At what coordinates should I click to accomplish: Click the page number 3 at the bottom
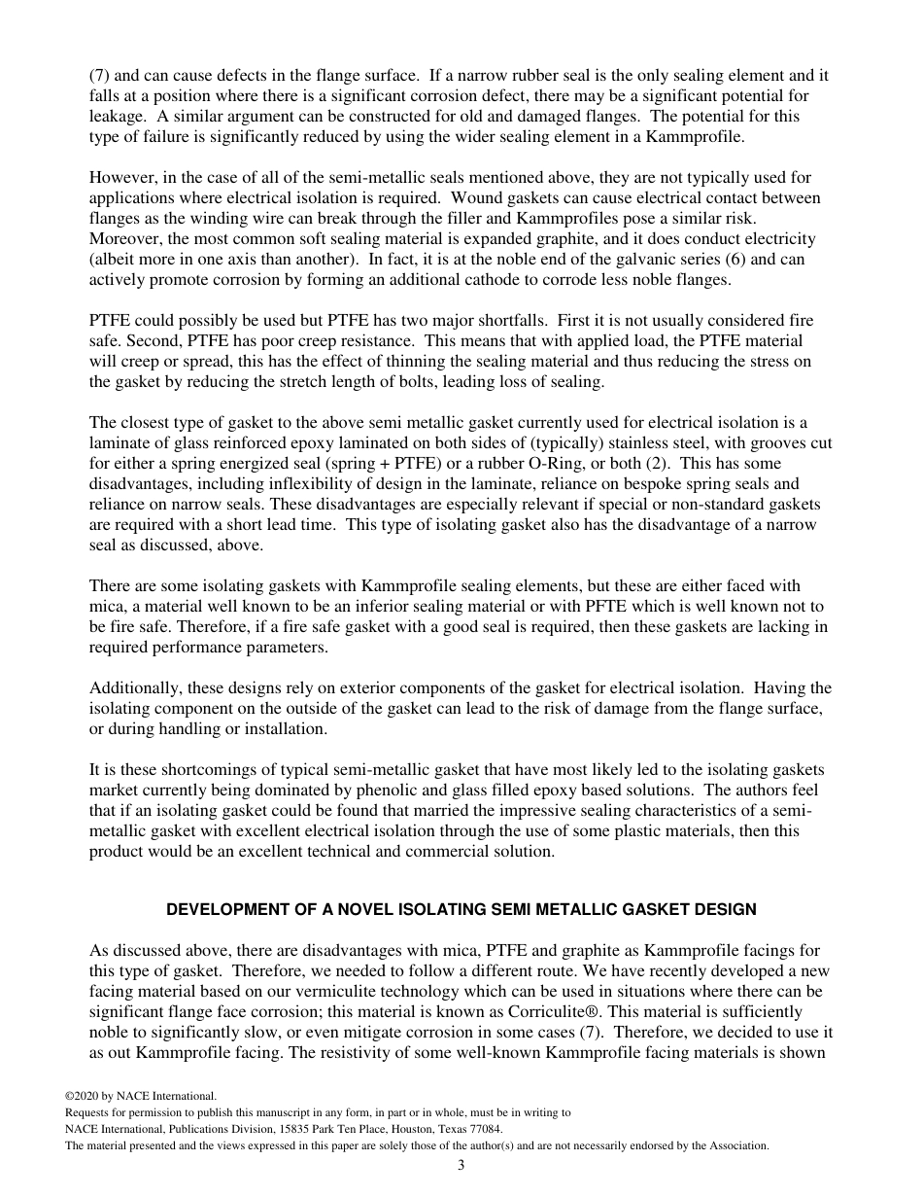(461, 1165)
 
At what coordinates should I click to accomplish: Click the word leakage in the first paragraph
(117, 116)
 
